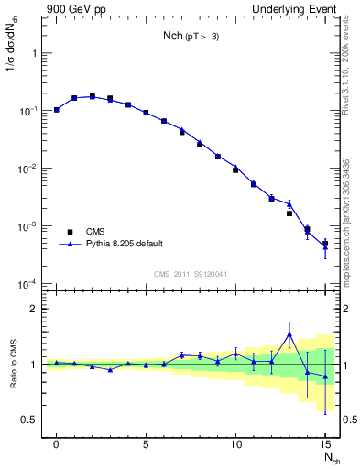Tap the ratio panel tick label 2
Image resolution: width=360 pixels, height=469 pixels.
click(x=36, y=309)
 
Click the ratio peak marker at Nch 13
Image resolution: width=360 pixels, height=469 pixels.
click(x=289, y=334)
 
